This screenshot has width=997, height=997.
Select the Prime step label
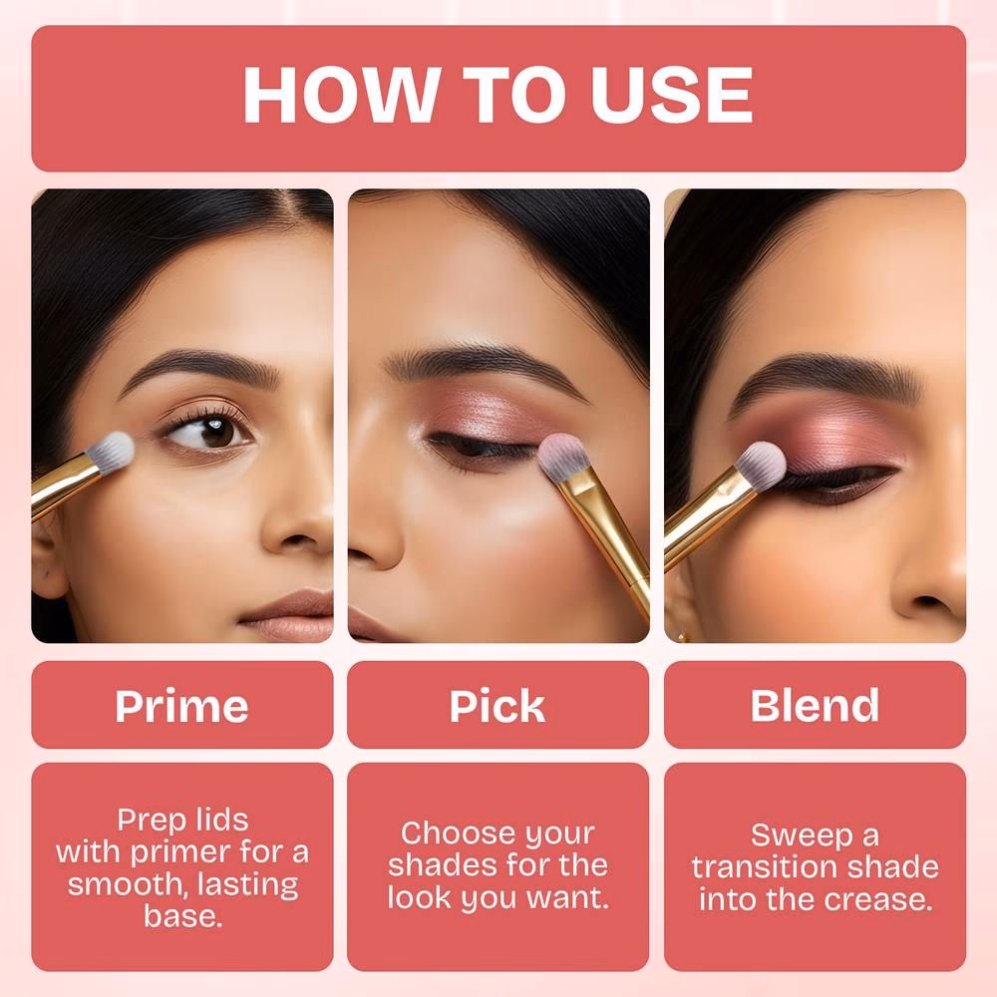[x=181, y=706]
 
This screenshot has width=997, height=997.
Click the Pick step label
[x=498, y=706]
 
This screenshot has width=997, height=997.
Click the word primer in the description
[x=180, y=853]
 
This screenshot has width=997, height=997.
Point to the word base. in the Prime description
[x=183, y=916]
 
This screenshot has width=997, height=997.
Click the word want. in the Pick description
[x=568, y=898]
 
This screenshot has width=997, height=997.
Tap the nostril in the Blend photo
[x=929, y=601]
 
